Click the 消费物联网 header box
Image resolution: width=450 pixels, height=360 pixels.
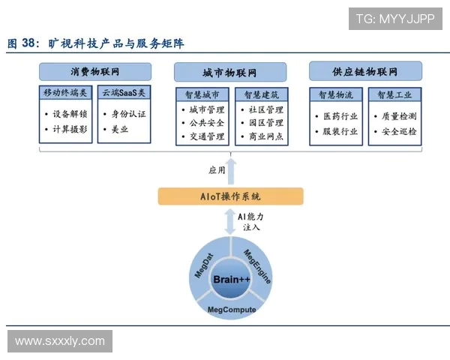coord(95,72)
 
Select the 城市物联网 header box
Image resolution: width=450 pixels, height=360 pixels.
coord(230,73)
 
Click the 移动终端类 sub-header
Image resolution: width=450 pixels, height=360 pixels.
coord(67,94)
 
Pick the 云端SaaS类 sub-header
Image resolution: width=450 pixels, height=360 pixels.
coord(124,94)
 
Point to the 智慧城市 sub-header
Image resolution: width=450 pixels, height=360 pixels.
coord(202,94)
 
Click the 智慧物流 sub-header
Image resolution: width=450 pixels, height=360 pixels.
coord(336,94)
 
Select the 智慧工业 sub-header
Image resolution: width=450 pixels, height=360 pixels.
coord(394,94)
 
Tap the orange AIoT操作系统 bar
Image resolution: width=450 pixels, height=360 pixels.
coord(230,196)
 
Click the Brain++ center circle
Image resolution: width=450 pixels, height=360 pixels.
coord(231,280)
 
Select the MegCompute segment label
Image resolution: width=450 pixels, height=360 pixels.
coord(232,310)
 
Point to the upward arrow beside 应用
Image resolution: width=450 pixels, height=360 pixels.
coord(231,171)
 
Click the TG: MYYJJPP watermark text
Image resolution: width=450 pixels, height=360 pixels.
coord(395,19)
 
